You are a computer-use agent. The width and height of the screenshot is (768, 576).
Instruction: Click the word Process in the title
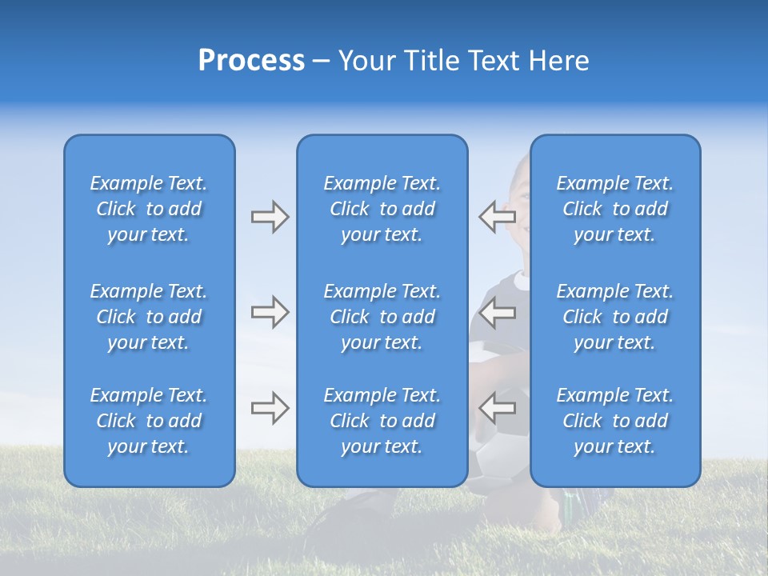(251, 61)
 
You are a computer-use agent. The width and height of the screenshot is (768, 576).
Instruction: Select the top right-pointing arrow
(270, 217)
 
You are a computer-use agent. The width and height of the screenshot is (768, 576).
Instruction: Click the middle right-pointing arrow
(270, 312)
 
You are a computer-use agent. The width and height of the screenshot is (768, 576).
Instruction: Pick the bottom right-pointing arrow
(270, 408)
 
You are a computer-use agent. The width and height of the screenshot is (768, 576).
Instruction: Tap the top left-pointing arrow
(497, 216)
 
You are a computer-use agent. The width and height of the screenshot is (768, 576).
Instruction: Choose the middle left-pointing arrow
(497, 312)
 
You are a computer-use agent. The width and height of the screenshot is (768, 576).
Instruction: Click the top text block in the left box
(149, 209)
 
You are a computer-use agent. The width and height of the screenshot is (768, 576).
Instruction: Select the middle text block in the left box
(149, 317)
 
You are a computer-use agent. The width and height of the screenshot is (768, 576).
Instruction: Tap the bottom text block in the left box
(149, 421)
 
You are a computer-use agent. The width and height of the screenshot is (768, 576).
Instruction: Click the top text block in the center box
(382, 209)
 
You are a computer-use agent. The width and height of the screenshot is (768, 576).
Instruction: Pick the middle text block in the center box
(382, 317)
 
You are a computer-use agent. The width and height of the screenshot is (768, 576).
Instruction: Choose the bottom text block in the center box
(382, 421)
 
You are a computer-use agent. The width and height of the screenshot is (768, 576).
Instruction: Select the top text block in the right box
(615, 209)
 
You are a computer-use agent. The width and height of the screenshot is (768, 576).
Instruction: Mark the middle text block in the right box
(615, 317)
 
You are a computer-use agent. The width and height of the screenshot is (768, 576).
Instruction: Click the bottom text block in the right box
(615, 421)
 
